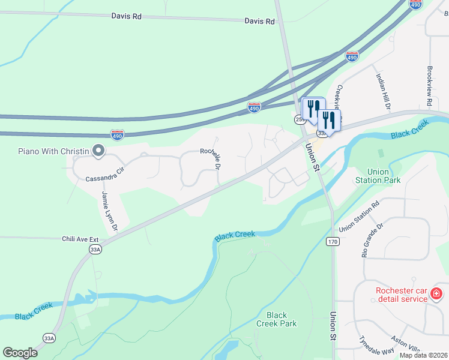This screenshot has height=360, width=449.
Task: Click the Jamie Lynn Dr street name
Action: pyautogui.click(x=109, y=212)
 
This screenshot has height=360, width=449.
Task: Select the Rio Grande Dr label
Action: pyautogui.click(x=372, y=239)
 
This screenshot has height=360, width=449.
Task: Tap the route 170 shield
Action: pyautogui.click(x=333, y=241)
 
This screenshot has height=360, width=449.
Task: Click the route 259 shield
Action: pyautogui.click(x=300, y=120)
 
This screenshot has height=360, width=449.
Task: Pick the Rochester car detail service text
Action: pyautogui.click(x=401, y=295)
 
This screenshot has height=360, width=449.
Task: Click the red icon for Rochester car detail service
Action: pyautogui.click(x=436, y=294)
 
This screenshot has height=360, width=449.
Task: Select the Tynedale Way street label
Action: pyautogui.click(x=375, y=343)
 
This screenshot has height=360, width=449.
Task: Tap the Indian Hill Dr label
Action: pyautogui.click(x=383, y=91)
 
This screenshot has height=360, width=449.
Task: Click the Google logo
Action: pyautogui.click(x=20, y=352)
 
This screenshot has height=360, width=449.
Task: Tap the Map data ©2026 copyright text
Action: pyautogui.click(x=423, y=355)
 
